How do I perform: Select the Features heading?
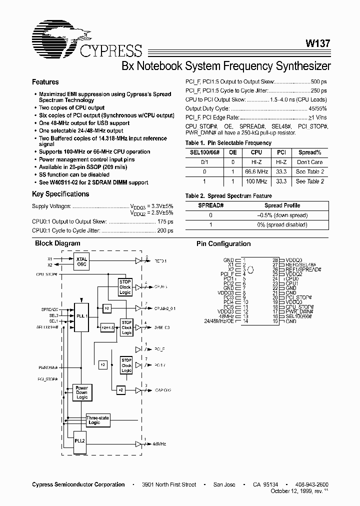tap(45, 82)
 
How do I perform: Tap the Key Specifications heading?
tap(60, 194)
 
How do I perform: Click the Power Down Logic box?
tap(81, 393)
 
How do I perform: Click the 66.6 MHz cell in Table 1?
tap(256, 171)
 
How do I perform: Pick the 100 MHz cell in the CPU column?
tap(256, 181)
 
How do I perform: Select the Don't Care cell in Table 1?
tap(309, 162)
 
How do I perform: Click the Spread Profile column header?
tap(282, 205)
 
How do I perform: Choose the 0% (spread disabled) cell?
tap(282, 225)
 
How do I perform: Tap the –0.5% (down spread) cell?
tap(282, 215)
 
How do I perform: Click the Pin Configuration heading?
tap(223, 244)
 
